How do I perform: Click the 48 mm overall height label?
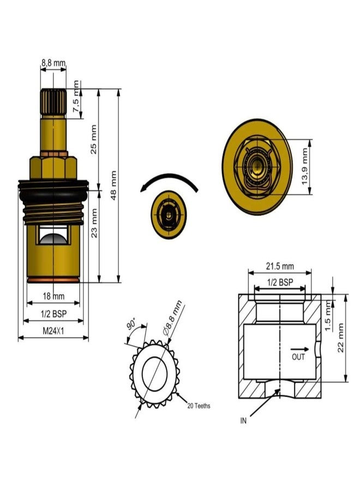pos(113,185)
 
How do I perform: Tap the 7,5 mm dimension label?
pos(76,97)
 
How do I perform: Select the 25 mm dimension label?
pos(94,139)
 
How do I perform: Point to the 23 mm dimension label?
pos(94,223)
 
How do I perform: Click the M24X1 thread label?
pos(53,331)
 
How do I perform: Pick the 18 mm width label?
pos(53,296)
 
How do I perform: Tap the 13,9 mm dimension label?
pos(305,166)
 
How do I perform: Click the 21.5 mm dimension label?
pos(280,266)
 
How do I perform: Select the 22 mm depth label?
pos(340,338)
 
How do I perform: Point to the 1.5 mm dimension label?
pos(328,315)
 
